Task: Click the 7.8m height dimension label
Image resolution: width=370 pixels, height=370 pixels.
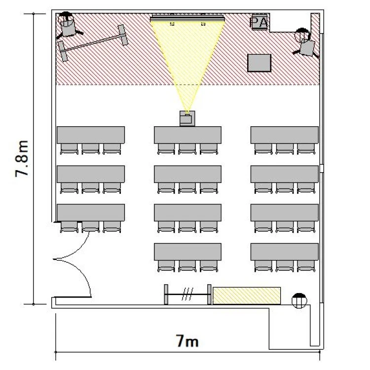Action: pyautogui.click(x=22, y=158)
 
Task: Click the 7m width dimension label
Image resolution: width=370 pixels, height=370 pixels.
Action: pyautogui.click(x=187, y=341)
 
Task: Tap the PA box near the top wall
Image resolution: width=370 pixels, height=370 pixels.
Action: pyautogui.click(x=259, y=22)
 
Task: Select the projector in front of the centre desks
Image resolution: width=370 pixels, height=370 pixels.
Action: pyautogui.click(x=187, y=118)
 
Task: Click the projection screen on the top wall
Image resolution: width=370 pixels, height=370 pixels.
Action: pyautogui.click(x=187, y=18)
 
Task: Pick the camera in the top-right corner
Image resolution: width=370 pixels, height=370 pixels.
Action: pyautogui.click(x=305, y=43)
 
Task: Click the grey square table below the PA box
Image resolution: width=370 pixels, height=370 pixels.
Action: pyautogui.click(x=259, y=63)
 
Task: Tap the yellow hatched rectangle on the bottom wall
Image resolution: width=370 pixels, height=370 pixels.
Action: pyautogui.click(x=247, y=296)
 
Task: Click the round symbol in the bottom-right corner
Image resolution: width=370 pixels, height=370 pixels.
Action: pyautogui.click(x=299, y=300)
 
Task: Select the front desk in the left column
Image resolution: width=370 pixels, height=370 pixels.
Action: pyautogui.click(x=91, y=135)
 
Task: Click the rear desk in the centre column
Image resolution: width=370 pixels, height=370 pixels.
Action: pyautogui.click(x=187, y=252)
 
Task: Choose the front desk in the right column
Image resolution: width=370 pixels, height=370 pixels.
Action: pyautogui.click(x=284, y=135)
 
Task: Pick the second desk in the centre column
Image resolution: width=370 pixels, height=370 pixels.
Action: pyautogui.click(x=187, y=174)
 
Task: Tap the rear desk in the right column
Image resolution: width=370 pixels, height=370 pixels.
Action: pyautogui.click(x=284, y=252)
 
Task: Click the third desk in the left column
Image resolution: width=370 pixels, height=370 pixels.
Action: pyautogui.click(x=91, y=213)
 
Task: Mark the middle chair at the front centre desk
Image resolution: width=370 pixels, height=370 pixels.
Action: pyautogui.click(x=187, y=149)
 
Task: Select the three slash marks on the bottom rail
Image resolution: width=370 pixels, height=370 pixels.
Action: pyautogui.click(x=187, y=294)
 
